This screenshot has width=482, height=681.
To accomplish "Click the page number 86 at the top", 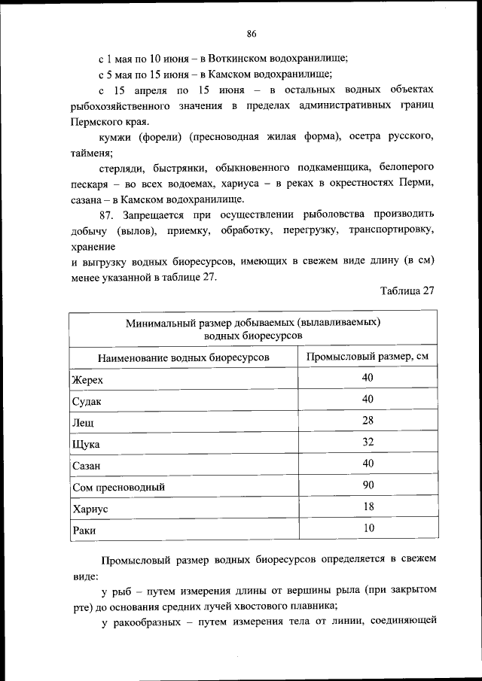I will [252, 33].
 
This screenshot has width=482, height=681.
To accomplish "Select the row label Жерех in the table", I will [87, 379].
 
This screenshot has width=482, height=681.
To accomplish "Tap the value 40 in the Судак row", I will [368, 398].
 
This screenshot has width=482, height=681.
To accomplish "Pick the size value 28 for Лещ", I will [368, 420].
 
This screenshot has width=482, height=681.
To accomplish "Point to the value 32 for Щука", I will [368, 442].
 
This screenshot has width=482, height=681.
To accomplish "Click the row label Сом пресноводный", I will [118, 488].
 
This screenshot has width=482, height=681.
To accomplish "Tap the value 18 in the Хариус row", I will [368, 506].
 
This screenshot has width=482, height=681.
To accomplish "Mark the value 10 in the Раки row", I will [368, 528].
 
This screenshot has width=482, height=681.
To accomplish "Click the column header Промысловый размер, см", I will [368, 356].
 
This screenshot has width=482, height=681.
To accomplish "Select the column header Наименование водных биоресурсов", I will [183, 357].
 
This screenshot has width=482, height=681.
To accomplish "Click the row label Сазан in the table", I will [87, 466].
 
